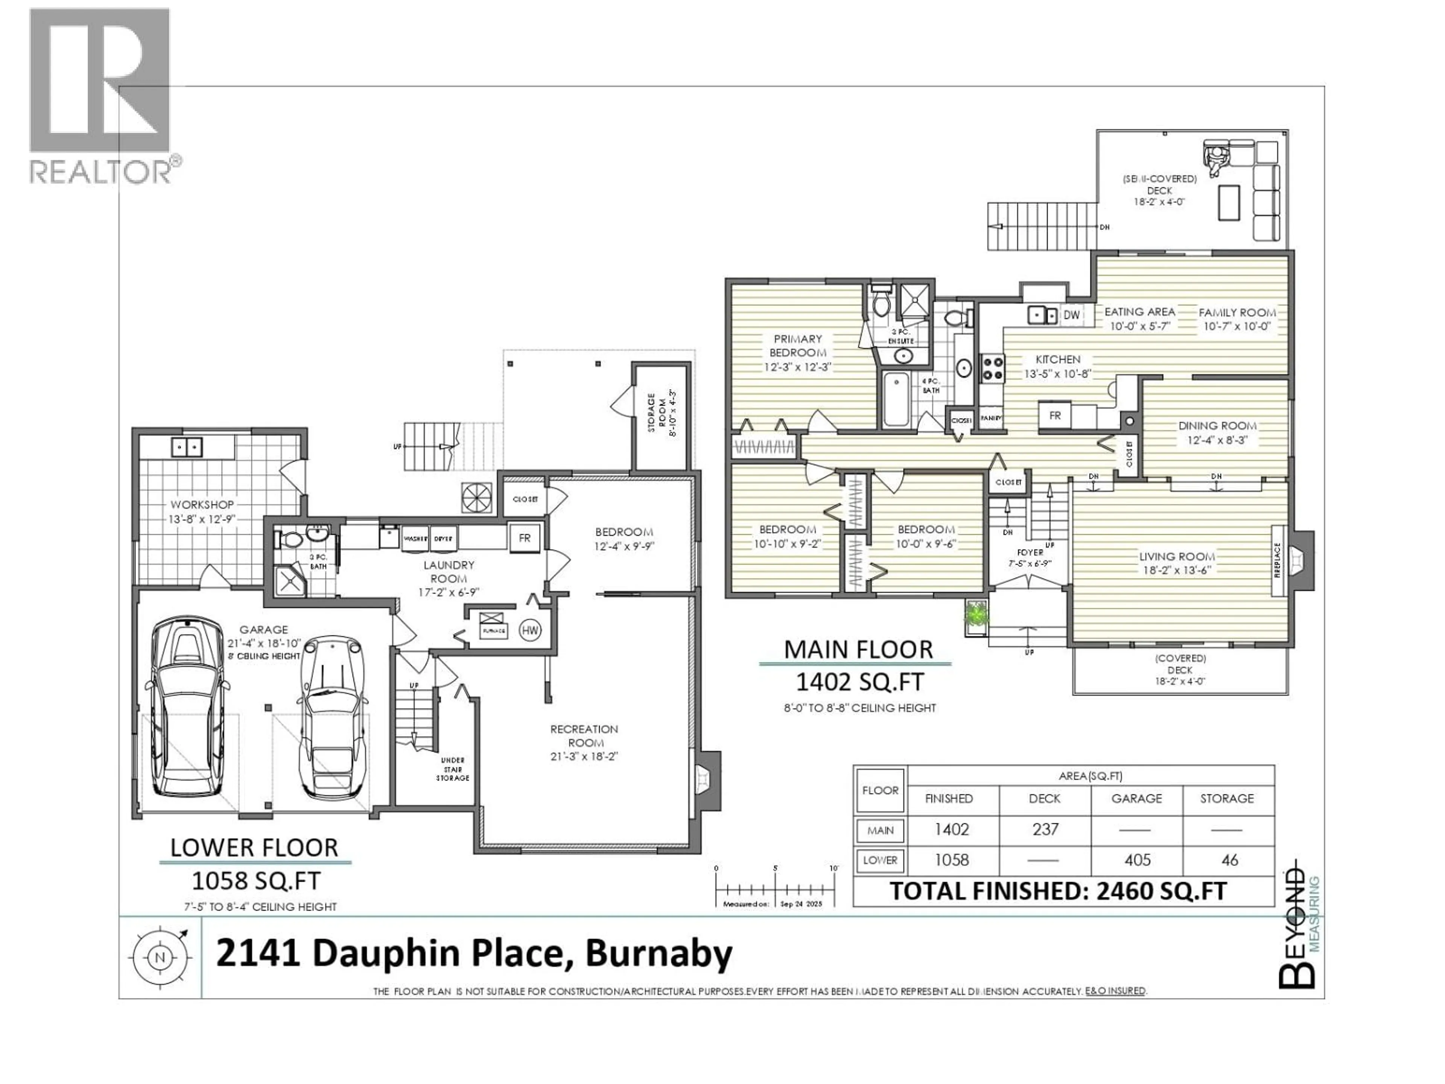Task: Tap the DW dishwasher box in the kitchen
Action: pyautogui.click(x=1071, y=315)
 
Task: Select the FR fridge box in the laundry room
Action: pyautogui.click(x=525, y=538)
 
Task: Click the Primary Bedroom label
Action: pyautogui.click(x=798, y=346)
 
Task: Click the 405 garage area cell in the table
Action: pyautogui.click(x=1137, y=860)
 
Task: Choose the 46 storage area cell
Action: pyautogui.click(x=1229, y=860)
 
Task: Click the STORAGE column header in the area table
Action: pyautogui.click(x=1227, y=798)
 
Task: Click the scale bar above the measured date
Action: pyautogui.click(x=776, y=890)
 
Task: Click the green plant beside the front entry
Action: pyautogui.click(x=977, y=614)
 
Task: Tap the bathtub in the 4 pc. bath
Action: pyautogui.click(x=894, y=400)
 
